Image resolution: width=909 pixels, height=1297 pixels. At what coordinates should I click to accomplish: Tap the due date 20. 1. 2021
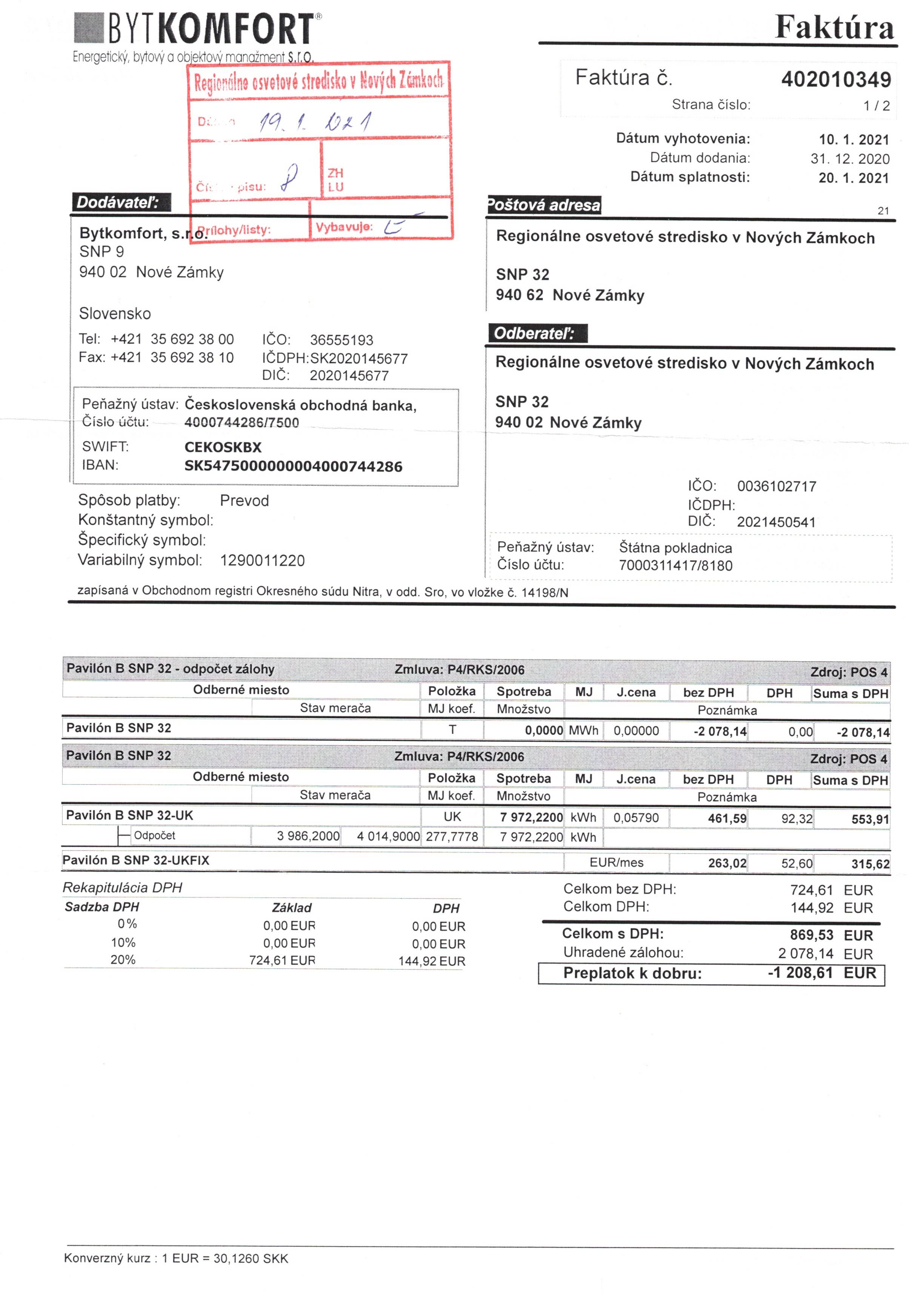853,178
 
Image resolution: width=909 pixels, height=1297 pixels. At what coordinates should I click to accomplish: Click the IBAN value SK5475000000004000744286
293,466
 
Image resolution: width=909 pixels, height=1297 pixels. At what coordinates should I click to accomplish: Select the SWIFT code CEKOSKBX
223,448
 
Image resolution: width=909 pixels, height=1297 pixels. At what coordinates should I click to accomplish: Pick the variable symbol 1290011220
262,560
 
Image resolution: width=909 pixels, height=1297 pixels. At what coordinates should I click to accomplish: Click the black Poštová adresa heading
544,205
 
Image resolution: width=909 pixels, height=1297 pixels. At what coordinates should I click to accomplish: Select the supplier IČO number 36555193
341,340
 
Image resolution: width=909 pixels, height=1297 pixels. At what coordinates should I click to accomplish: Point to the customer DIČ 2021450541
776,522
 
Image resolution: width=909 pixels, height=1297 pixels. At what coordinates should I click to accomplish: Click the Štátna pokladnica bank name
675,548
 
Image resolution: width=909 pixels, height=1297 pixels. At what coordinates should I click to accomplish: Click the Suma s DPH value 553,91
870,819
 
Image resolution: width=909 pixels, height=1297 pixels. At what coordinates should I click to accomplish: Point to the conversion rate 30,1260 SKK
250,1259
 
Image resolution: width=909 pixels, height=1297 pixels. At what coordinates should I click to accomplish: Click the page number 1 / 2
876,106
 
